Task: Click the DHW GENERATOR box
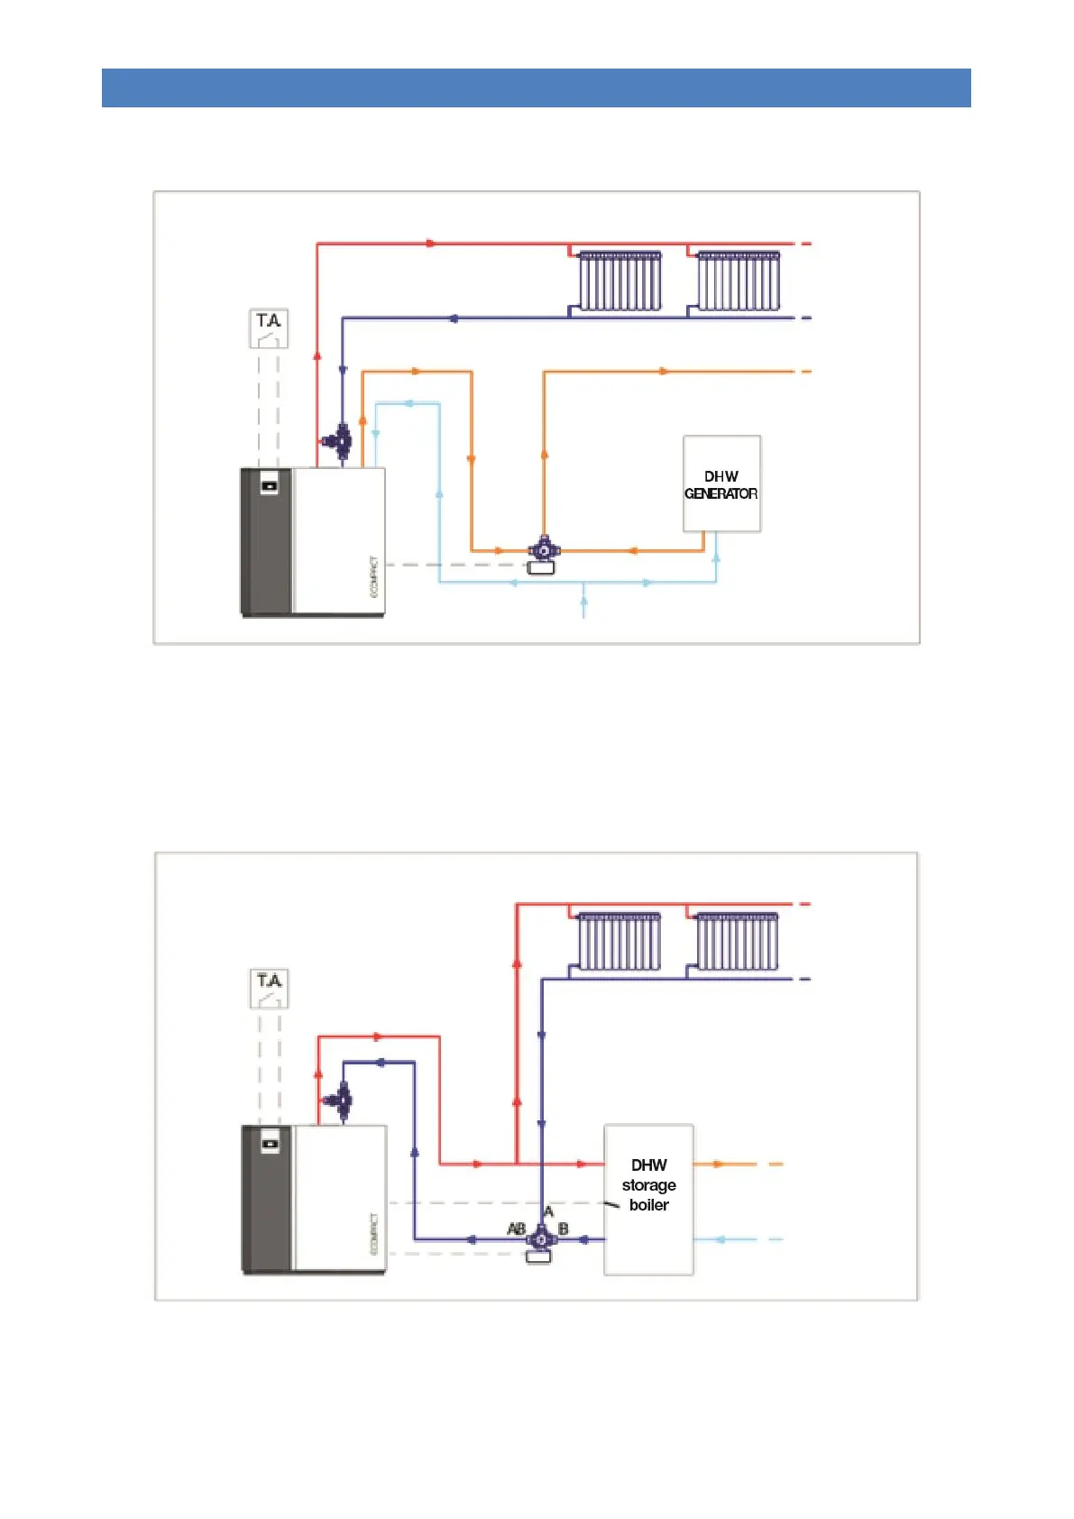pyautogui.click(x=721, y=484)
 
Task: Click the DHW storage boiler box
pyautogui.click(x=648, y=1199)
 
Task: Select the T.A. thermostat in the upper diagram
pyautogui.click(x=269, y=328)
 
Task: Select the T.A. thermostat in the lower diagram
pyautogui.click(x=269, y=989)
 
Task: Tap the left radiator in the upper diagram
pyautogui.click(x=620, y=281)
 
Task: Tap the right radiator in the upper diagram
pyautogui.click(x=739, y=281)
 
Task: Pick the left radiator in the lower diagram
pyautogui.click(x=620, y=942)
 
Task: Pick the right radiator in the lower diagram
pyautogui.click(x=738, y=942)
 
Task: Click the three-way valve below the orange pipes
pyautogui.click(x=543, y=549)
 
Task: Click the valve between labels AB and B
pyautogui.click(x=540, y=1239)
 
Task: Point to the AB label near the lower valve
pyautogui.click(x=517, y=1229)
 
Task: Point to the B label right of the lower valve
pyautogui.click(x=564, y=1229)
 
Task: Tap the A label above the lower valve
pyautogui.click(x=548, y=1211)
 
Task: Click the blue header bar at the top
pyautogui.click(x=536, y=87)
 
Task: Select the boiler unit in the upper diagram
pyautogui.click(x=313, y=541)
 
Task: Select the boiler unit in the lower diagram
pyautogui.click(x=314, y=1199)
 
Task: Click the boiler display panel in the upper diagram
pyautogui.click(x=269, y=486)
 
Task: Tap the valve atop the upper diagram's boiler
pyautogui.click(x=341, y=441)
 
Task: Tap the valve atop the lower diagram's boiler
pyautogui.click(x=342, y=1100)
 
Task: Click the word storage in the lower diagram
pyautogui.click(x=648, y=1184)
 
